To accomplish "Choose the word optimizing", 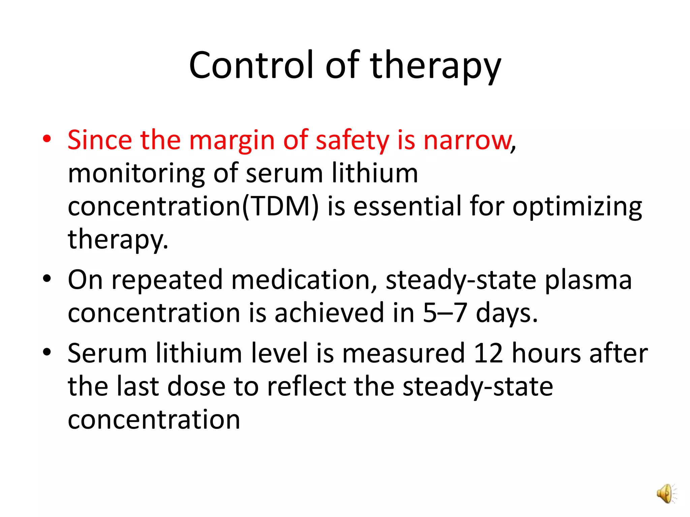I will pos(577,207).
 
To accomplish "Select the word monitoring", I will pos(136,174).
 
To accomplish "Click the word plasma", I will pos(588,280).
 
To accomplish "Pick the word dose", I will pos(196,386).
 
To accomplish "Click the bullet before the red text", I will pos(47,139).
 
